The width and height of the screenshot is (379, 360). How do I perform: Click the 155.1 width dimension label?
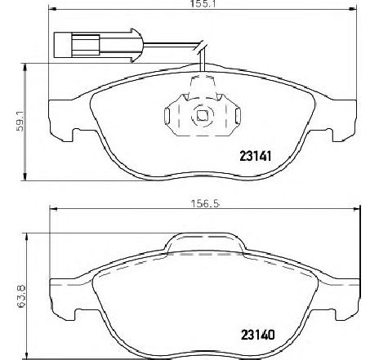(203, 4)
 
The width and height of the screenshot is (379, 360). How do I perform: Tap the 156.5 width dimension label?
(205, 203)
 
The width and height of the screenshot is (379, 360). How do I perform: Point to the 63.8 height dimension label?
(21, 296)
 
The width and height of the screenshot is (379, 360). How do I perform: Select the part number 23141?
(256, 156)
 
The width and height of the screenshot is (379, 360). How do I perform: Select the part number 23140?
(258, 335)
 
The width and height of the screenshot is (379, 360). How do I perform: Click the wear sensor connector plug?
(97, 45)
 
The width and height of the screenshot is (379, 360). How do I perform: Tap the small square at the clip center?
(202, 115)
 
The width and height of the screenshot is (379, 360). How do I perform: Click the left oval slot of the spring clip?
(167, 116)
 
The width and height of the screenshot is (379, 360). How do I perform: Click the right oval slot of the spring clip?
(238, 116)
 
